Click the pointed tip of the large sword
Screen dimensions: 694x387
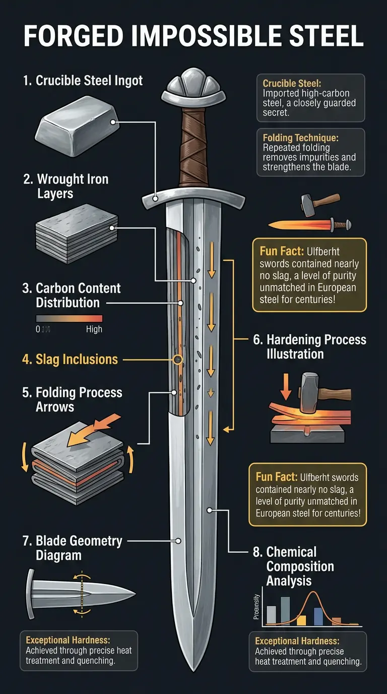coord(193,666)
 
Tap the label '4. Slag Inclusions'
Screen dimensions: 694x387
coord(70,359)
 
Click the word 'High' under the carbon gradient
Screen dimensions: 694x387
coord(94,329)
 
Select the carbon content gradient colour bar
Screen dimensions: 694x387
coord(69,318)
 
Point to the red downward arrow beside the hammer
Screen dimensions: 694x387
coord(284,386)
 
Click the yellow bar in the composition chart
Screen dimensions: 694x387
coord(301,620)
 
